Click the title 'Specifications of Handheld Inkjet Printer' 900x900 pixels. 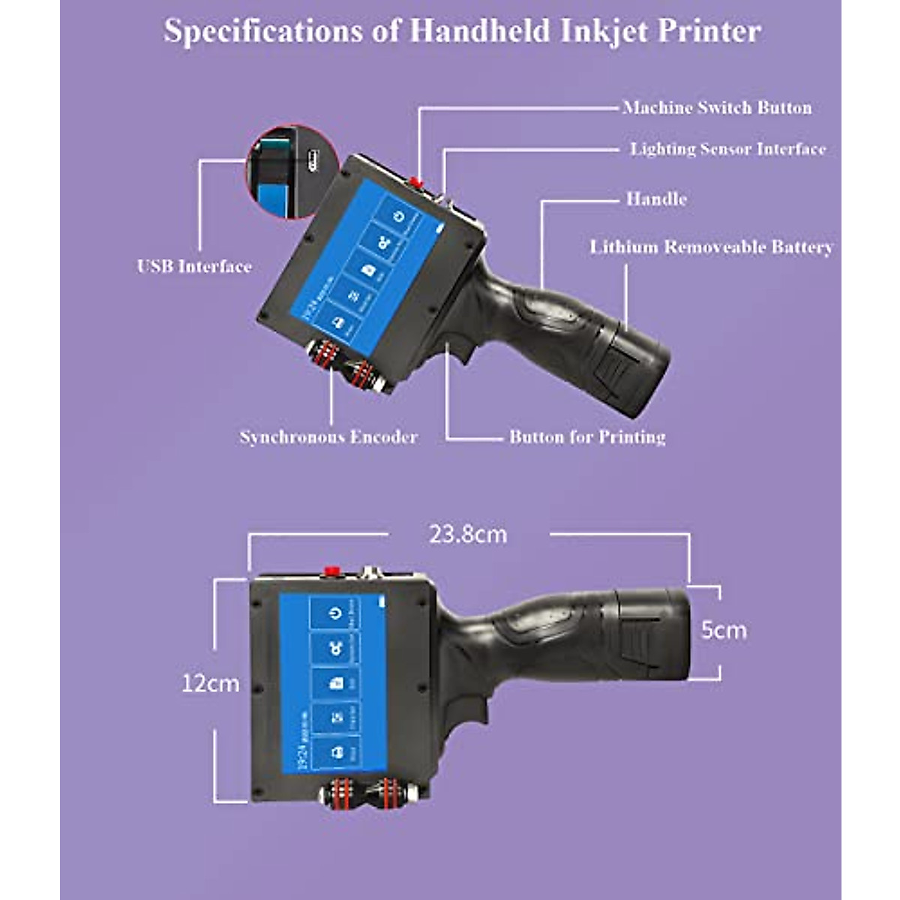462,31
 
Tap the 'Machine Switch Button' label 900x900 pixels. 717,108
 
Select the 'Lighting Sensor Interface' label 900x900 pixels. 727,149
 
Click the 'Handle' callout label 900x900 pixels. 656,199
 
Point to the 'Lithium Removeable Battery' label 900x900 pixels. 711,247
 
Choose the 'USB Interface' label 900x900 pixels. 194,267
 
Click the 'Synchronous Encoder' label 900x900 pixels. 328,437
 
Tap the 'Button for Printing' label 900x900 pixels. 587,437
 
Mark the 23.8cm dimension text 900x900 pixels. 468,535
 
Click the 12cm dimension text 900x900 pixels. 211,683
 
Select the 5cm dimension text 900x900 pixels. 724,630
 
